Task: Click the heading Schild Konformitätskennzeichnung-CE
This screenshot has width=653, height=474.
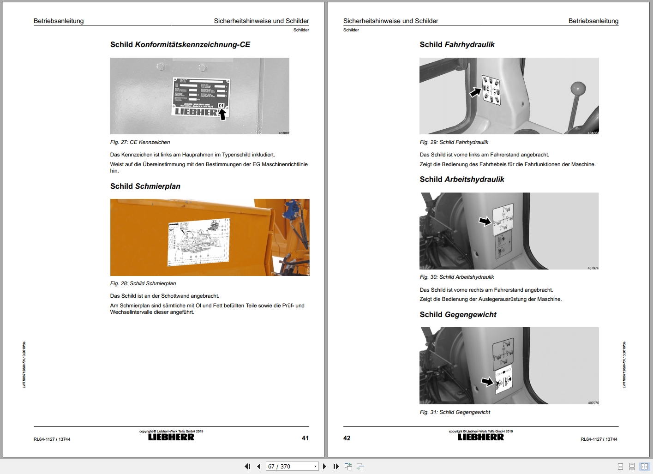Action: pos(180,45)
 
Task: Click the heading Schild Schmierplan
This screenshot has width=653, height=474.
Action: pos(145,186)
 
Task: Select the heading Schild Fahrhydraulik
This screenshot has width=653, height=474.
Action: pos(457,45)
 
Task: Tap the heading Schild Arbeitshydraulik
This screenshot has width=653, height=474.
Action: pos(461,180)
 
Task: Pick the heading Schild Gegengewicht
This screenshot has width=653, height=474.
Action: pos(458,315)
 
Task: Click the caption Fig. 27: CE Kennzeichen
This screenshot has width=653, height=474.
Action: pos(140,142)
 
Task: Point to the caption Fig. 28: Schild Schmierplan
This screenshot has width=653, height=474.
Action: pos(143,283)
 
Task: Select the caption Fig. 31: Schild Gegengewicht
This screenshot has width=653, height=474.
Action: pos(455,412)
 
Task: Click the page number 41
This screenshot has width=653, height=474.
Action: pos(305,438)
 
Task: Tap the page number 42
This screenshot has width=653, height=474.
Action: pos(347,438)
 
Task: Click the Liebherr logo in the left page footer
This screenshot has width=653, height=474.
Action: pos(171,437)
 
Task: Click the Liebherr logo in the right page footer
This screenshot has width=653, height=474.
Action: pos(481,437)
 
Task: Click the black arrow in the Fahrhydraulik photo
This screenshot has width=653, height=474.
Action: pos(475,92)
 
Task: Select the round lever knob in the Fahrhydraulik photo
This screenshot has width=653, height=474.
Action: pos(578,88)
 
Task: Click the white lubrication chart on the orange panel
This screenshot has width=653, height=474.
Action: pos(198,241)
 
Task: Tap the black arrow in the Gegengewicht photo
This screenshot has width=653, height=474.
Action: pos(487,382)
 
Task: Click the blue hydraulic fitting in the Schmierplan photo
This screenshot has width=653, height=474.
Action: pos(290,211)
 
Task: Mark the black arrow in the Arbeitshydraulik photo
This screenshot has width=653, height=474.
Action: pos(485,222)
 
